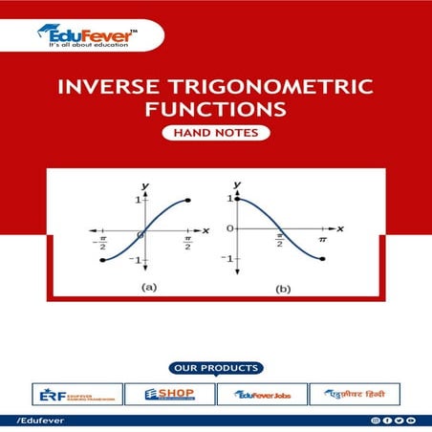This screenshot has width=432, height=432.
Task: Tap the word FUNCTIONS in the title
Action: [215, 113]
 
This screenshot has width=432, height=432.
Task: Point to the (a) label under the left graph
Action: [149, 286]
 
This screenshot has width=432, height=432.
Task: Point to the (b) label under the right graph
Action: [281, 287]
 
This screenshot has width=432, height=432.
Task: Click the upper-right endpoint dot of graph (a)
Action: [189, 200]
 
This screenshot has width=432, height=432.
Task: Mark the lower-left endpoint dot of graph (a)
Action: [102, 259]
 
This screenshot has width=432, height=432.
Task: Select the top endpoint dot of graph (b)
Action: [237, 199]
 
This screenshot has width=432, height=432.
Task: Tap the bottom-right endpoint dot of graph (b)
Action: [322, 259]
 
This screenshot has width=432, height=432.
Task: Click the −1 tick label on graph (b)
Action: [227, 259]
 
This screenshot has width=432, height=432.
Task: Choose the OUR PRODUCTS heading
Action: [216, 368]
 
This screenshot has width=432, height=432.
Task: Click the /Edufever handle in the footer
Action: [30, 421]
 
